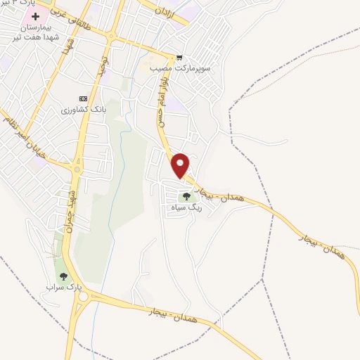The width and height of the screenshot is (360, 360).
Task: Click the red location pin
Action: (181, 165)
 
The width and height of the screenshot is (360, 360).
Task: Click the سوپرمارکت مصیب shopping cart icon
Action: (180, 58)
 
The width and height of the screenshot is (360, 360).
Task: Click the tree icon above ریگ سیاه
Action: (186, 197)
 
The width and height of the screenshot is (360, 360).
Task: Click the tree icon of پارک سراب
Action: (64, 276)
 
